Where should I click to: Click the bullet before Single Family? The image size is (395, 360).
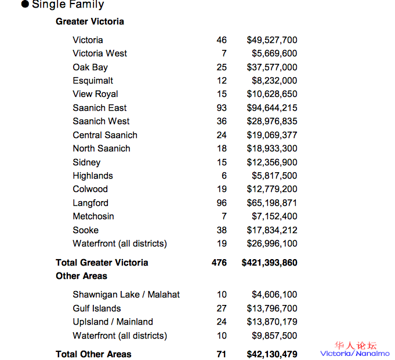[25, 5]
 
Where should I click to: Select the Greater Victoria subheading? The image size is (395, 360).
[90, 21]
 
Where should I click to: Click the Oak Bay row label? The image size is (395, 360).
[90, 67]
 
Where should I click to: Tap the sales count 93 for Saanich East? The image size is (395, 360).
[221, 108]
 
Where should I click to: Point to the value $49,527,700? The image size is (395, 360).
[272, 40]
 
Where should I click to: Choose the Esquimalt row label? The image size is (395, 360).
[93, 81]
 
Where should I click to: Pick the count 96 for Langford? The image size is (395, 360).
[221, 203]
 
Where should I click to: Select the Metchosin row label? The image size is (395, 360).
[93, 216]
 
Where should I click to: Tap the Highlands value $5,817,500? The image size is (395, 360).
[274, 176]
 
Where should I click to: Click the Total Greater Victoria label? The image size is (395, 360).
[102, 263]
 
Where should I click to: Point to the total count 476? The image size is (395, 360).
[219, 263]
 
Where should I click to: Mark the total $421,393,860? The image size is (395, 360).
[270, 263]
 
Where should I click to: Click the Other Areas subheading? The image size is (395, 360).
[82, 276]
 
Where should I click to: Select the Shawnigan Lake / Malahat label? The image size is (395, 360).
[126, 294]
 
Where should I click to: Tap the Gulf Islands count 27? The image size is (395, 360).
[221, 308]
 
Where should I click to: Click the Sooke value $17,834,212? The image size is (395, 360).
[272, 230]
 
